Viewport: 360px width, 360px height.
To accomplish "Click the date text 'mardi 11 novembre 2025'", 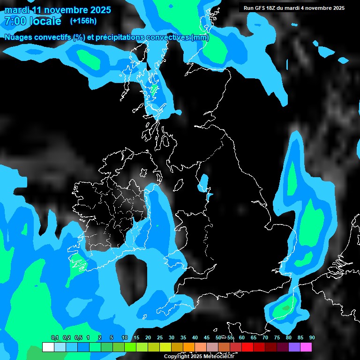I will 58,10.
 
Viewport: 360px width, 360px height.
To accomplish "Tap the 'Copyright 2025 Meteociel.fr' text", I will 199,356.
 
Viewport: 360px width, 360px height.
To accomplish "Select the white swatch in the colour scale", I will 48,347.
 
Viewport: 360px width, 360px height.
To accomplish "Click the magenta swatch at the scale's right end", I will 306,347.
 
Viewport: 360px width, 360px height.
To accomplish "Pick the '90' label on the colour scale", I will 312,338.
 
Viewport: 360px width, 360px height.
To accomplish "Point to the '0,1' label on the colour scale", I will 54,338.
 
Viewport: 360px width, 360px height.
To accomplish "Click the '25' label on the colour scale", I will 160,338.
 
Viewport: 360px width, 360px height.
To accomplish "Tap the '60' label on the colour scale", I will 242,338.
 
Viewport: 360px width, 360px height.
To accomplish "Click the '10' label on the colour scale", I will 125,338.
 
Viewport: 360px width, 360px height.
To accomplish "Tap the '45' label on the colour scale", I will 207,338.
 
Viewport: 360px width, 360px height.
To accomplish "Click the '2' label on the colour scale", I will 100,338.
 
